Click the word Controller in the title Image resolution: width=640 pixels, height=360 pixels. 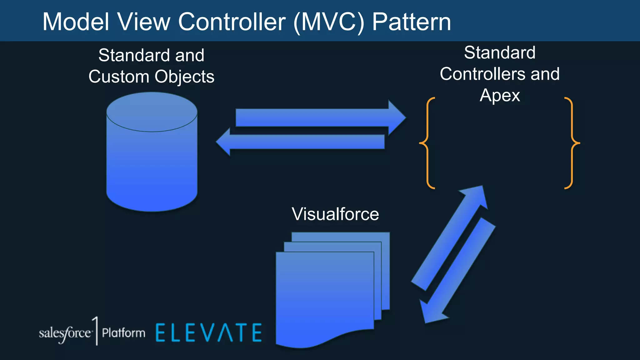click(232, 22)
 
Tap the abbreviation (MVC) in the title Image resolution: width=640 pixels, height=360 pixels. click(329, 22)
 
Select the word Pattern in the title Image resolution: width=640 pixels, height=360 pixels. click(412, 22)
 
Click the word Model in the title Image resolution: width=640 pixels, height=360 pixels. click(76, 22)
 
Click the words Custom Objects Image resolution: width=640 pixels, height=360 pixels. click(151, 77)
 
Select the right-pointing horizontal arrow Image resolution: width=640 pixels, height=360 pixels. click(319, 118)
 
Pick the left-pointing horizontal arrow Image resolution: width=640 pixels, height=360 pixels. click(300, 142)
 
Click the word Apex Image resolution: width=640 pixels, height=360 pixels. click(500, 95)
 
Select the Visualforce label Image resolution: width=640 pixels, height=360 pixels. click(335, 214)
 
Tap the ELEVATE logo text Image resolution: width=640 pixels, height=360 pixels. click(209, 333)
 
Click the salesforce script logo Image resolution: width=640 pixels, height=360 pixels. click(65, 333)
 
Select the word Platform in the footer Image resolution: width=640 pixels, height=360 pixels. click(124, 333)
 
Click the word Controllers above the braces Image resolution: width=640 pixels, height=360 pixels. click(482, 74)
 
